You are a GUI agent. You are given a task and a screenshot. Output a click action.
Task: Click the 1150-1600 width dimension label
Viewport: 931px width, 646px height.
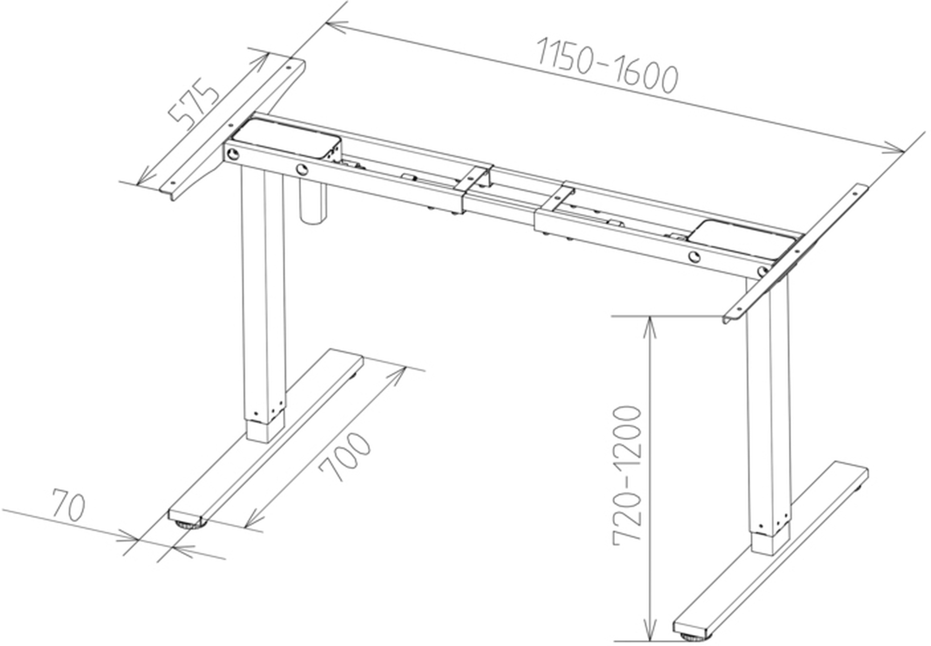[x=607, y=66]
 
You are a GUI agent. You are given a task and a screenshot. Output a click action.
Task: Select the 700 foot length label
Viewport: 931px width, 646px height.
[x=345, y=457]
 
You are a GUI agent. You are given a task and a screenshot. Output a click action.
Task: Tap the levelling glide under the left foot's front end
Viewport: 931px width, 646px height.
[x=188, y=525]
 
